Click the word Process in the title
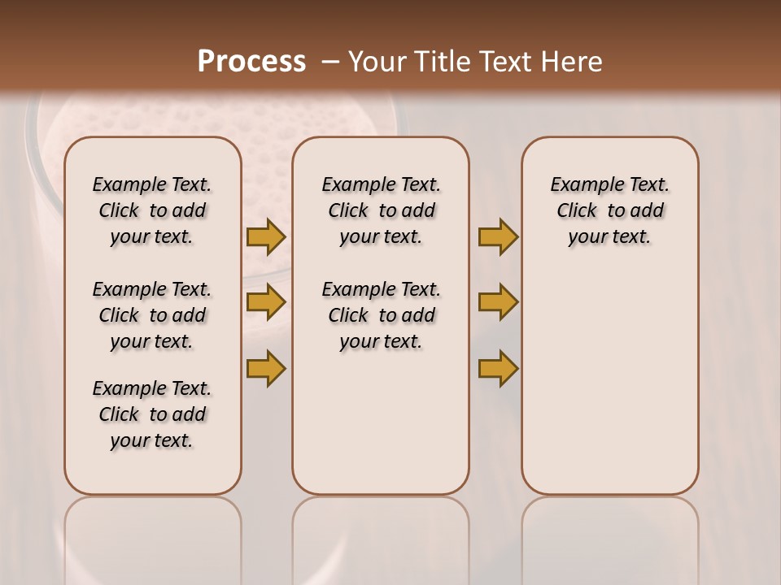tap(251, 61)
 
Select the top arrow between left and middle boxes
tap(266, 237)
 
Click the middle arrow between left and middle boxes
tap(266, 302)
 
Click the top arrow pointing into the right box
tap(498, 237)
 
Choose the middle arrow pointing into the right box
tap(498, 302)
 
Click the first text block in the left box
tap(152, 210)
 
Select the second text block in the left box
tap(152, 315)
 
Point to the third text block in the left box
tap(152, 414)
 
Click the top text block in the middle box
tap(381, 210)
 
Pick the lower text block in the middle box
tap(381, 315)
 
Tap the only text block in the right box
tap(609, 210)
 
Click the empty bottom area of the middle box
tap(381, 431)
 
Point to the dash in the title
tap(329, 61)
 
